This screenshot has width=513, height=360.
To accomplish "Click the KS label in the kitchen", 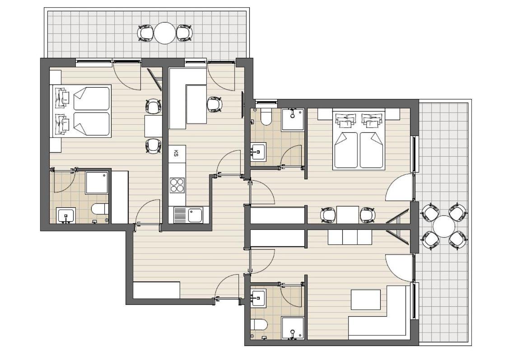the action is coord(176,153).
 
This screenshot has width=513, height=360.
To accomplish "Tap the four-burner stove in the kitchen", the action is coord(177,186).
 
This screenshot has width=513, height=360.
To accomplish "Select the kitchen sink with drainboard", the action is coord(188,215).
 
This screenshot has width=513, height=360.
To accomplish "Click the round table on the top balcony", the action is coord(165,33).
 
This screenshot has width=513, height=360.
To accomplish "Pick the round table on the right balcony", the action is coord(443,227).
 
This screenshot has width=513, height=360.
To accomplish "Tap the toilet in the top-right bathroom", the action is coord(266,117).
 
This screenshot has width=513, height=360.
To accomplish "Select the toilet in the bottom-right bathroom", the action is coord(260,325).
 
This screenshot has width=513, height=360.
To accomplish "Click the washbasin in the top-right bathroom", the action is coord(258,151).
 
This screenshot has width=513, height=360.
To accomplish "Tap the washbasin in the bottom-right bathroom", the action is coord(258,298).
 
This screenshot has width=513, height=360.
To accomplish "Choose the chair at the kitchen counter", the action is coord(215,104).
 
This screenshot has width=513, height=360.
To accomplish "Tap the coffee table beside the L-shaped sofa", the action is coord(366,299).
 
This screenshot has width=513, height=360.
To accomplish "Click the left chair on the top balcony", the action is coord(145,33).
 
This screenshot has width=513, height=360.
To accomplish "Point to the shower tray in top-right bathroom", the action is coord(293,120).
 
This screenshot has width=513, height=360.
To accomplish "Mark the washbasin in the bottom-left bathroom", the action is coord(66,215).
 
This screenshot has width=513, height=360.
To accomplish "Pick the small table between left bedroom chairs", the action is coord(154,126).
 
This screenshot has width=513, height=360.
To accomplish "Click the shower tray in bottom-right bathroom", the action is coord(293,328).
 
